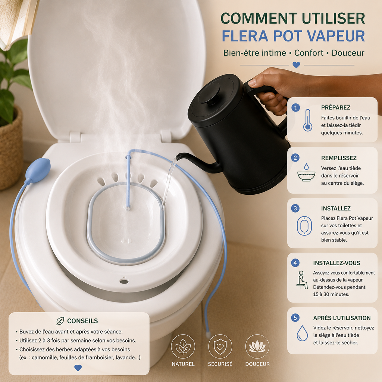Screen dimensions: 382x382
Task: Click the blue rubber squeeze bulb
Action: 38,170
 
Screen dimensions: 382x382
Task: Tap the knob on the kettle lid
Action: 209,94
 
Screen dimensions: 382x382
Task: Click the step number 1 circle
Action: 296,107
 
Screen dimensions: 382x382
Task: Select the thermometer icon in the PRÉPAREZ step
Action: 308,120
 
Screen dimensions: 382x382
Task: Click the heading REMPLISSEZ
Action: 339,158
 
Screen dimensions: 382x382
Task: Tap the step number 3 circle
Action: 295,208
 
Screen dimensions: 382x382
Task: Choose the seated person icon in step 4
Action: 302,280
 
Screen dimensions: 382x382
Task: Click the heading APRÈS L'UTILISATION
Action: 342,318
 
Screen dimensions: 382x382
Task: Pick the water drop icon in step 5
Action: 302,333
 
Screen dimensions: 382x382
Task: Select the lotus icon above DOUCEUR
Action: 257,347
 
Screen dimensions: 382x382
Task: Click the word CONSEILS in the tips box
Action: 82,321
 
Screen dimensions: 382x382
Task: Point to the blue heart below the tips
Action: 78,367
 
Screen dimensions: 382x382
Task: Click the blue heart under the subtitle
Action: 296,65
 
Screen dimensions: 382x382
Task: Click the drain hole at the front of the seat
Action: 124,281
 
